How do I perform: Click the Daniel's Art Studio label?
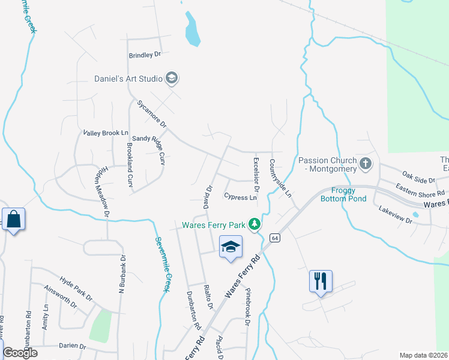(x=129, y=79)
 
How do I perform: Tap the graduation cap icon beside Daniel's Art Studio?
(x=172, y=78)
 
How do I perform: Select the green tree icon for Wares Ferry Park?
(x=255, y=224)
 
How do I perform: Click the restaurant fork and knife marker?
(x=321, y=280)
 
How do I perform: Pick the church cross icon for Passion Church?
(x=364, y=163)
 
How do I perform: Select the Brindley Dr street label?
(x=145, y=55)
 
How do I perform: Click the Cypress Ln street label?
(x=240, y=197)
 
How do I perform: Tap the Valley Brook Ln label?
(x=106, y=132)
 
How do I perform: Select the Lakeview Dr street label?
(x=396, y=215)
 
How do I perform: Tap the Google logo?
(x=20, y=353)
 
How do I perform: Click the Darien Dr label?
(x=74, y=346)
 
